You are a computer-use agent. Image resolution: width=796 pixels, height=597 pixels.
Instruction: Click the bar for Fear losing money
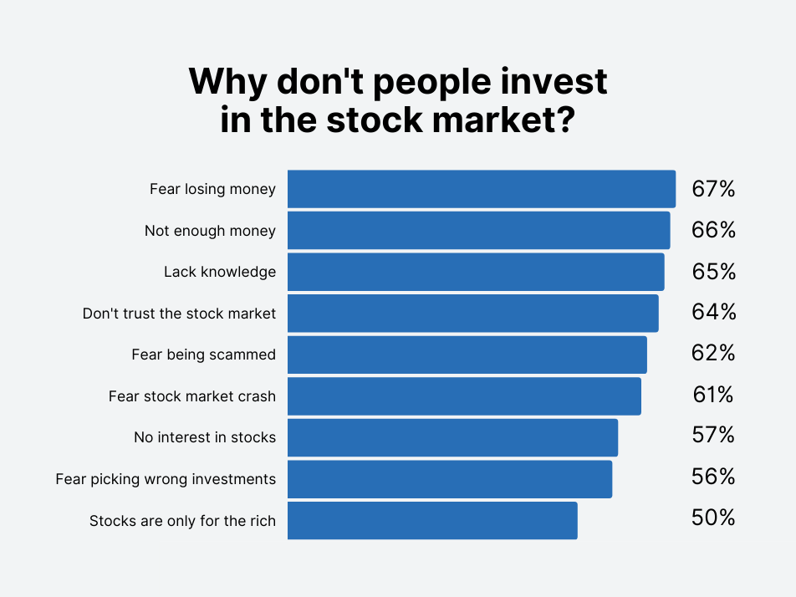point(482,189)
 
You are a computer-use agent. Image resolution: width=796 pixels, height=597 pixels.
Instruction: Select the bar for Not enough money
point(479,231)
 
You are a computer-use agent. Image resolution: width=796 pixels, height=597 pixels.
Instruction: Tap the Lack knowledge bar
point(476,272)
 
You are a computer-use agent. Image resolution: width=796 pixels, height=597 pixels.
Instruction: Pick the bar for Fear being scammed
point(467,355)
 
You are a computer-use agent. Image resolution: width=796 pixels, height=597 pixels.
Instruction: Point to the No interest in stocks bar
point(453,437)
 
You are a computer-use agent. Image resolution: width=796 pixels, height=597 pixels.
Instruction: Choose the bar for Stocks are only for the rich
point(432,520)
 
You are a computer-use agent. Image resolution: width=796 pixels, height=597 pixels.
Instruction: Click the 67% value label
point(713,189)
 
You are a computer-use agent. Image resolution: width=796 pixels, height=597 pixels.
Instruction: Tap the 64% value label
point(714,312)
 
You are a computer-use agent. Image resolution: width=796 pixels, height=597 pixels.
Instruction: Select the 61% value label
point(712,395)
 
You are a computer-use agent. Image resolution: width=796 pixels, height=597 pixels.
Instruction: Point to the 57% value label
point(713,435)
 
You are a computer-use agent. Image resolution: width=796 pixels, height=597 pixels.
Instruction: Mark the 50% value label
point(713,518)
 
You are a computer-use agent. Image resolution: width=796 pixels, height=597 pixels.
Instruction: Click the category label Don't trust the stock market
point(179,314)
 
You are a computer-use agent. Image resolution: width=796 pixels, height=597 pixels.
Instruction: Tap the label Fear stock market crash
point(192,396)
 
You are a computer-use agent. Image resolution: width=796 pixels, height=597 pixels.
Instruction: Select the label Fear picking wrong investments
point(166,479)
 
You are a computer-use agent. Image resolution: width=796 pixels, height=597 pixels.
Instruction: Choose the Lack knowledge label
point(220,272)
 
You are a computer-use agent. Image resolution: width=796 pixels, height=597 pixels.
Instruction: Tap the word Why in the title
point(227,82)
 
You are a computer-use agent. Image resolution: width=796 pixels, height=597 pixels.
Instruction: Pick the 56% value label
point(713,477)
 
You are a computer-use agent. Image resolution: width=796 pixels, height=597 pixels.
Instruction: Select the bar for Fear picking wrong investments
point(450,479)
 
